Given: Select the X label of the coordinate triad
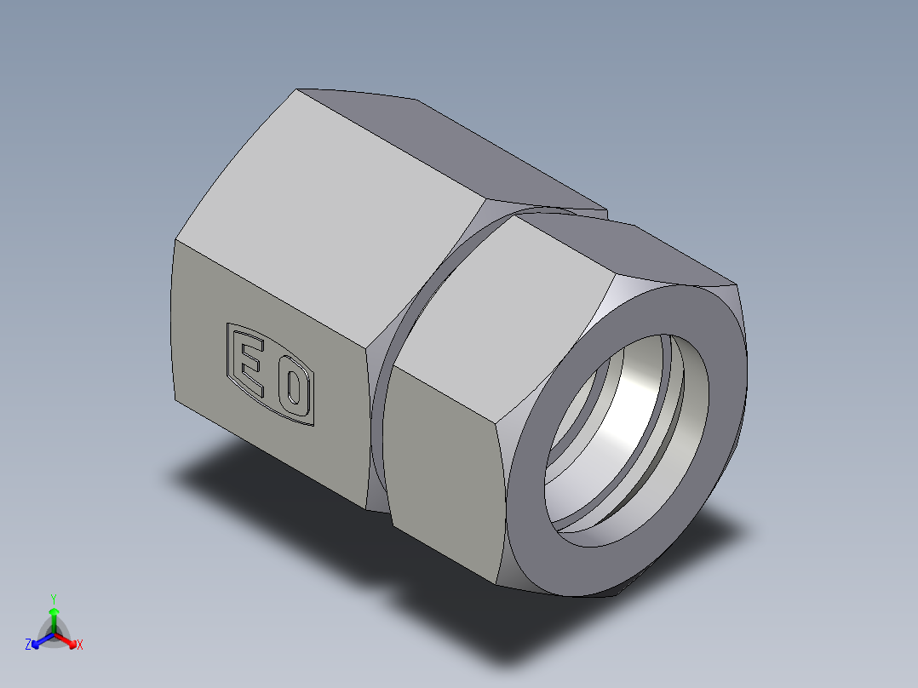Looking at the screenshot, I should point(79,645).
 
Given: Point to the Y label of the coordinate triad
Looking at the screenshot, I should point(54,599).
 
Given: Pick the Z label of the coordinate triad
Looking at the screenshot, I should point(28,645).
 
